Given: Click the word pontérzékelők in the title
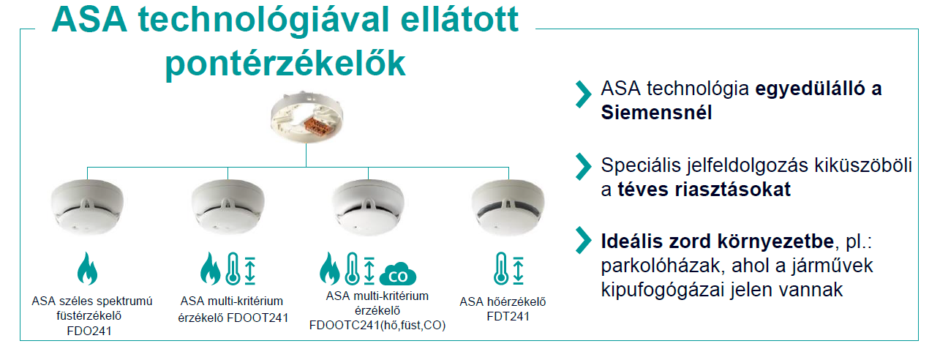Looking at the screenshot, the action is pos(285,64).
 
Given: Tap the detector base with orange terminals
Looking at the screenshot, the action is pos(307,116).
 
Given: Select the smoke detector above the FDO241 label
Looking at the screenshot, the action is pos(87,206).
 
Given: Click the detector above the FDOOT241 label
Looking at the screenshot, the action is pos(228,206).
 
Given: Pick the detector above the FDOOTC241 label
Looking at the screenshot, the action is pos(368,206).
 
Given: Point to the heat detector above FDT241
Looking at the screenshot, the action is pos(508,207).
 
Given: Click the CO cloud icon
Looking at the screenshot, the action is pos(397,274).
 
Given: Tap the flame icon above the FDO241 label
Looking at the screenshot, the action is pos(87,269).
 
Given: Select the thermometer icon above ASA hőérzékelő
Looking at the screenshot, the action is pos(501,269).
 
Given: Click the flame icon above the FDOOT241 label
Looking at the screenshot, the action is pos(210,269).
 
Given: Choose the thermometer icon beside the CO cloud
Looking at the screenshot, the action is pos(352,269).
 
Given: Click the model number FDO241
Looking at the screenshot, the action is pos(89,331).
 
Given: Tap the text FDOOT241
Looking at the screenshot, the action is pos(257,318).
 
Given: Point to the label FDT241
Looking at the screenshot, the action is pos(508,316).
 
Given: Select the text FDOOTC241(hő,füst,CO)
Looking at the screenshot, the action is pos(377,326).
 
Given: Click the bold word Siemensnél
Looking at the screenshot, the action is pos(656,113).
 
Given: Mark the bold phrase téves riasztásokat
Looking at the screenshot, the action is pos(704,190).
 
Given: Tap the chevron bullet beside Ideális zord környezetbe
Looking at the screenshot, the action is pos(583,241).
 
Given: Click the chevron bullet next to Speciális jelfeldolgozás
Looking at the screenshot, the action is pos(583,167).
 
